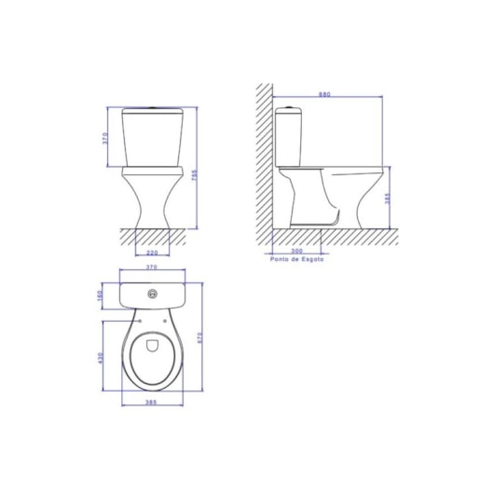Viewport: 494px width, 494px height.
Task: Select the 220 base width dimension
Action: pyautogui.click(x=150, y=252)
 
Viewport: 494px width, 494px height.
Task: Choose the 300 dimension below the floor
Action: pyautogui.click(x=296, y=252)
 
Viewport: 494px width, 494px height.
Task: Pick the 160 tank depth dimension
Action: pyautogui.click(x=101, y=295)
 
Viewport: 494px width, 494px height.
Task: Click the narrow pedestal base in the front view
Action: pyautogui.click(x=150, y=222)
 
